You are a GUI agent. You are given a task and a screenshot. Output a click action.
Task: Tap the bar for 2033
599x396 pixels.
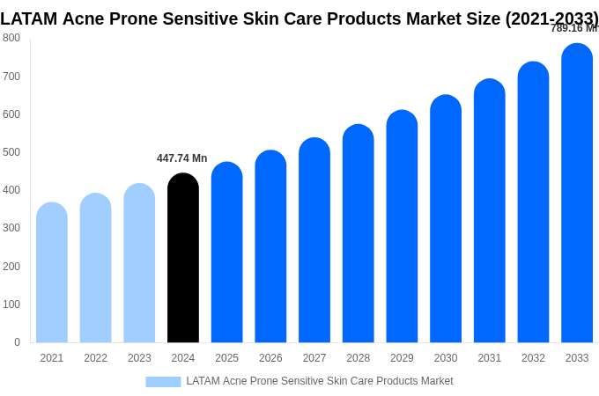pyautogui.click(x=577, y=193)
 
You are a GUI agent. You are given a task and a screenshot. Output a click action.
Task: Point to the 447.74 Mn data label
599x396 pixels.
pyautogui.click(x=181, y=158)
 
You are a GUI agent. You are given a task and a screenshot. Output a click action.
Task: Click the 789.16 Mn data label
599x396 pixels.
pyautogui.click(x=573, y=28)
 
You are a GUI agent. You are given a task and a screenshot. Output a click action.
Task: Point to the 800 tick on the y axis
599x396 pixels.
pyautogui.click(x=11, y=38)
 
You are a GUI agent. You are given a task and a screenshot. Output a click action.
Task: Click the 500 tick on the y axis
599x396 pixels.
pyautogui.click(x=11, y=152)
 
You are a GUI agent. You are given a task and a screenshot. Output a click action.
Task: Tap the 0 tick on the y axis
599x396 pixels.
pyautogui.click(x=17, y=342)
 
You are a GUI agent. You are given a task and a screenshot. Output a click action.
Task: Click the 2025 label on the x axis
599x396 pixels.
pyautogui.click(x=226, y=358)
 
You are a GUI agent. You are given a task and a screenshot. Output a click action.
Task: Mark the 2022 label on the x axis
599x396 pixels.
pyautogui.click(x=95, y=358)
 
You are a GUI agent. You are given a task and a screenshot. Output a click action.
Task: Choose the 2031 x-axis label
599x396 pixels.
pyautogui.click(x=489, y=358)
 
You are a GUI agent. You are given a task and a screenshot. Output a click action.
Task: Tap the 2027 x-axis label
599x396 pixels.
pyautogui.click(x=314, y=358)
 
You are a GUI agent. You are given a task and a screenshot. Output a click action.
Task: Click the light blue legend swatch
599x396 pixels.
pyautogui.click(x=163, y=382)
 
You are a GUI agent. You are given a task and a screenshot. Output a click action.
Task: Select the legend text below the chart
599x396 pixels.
pyautogui.click(x=319, y=381)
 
